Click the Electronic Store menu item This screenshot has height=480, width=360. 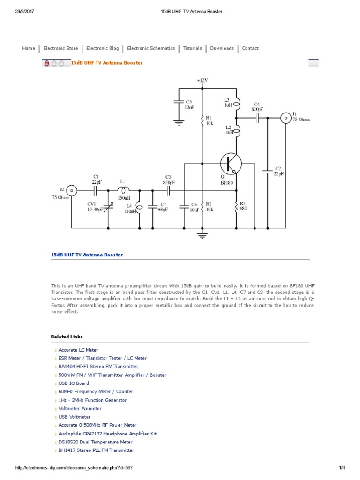60,48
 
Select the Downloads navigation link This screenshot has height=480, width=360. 222,48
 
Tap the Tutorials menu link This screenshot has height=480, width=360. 192,48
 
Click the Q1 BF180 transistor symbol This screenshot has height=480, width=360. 231,163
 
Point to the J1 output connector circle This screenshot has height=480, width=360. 285,118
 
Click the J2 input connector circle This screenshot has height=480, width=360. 71,190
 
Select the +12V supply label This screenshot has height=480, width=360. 202,80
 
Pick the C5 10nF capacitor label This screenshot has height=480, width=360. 188,104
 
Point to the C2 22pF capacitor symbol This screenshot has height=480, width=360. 268,171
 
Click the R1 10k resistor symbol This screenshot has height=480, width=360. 202,120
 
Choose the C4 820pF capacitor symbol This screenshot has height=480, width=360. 257,118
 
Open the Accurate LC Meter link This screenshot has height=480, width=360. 78,350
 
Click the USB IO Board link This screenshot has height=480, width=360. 74,383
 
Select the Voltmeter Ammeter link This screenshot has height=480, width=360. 80,409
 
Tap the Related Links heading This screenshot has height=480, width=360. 67,337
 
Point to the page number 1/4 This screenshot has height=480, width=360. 342,468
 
